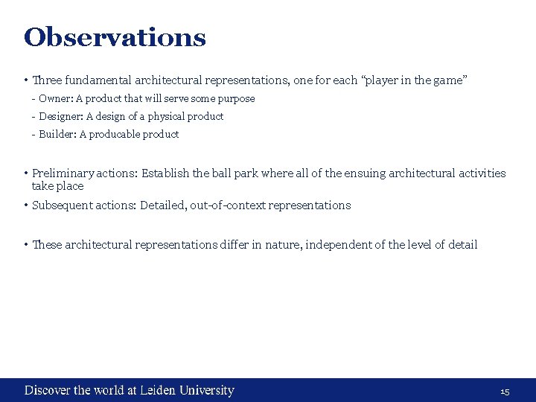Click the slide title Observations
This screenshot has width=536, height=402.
click(115, 37)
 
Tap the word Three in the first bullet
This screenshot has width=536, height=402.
click(46, 80)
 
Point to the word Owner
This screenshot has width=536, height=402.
click(52, 98)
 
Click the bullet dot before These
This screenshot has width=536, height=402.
click(26, 245)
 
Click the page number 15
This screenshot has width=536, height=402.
click(504, 392)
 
